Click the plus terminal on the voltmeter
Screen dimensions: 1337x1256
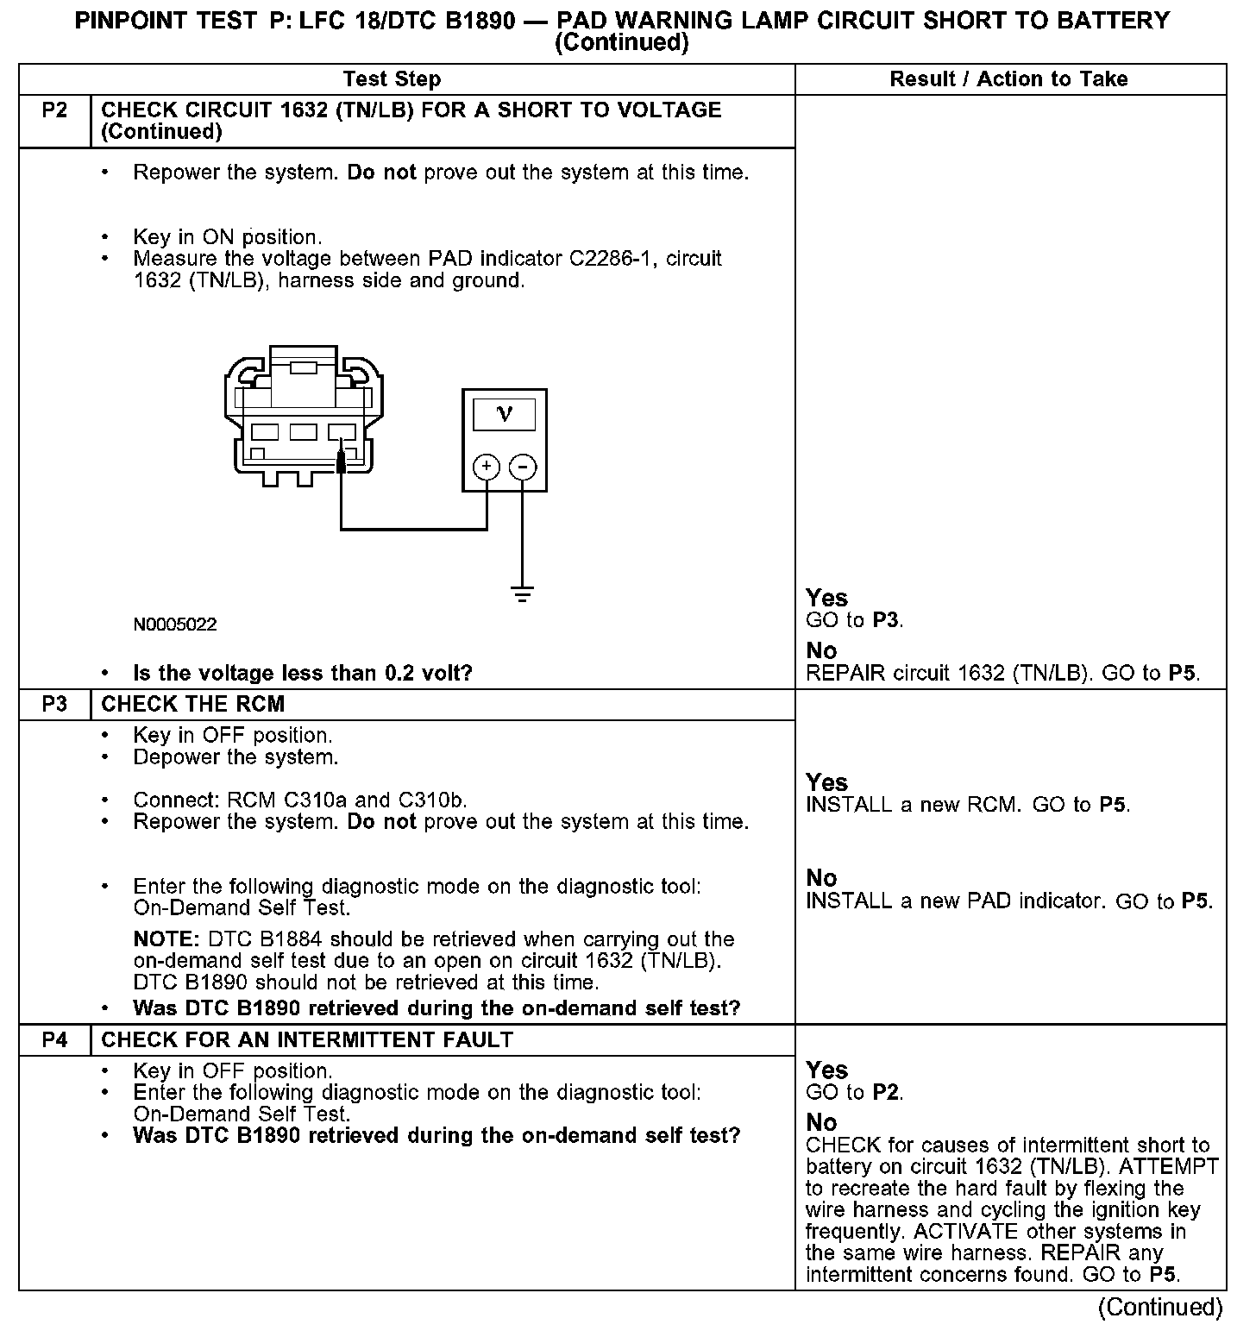(x=487, y=468)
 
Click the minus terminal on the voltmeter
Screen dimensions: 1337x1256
(x=523, y=468)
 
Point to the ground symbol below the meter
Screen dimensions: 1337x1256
(x=522, y=593)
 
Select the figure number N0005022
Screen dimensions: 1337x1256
(x=175, y=625)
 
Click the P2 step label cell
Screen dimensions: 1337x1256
(x=54, y=110)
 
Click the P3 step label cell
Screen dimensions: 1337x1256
(x=54, y=705)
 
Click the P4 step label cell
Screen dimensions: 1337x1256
(x=54, y=1040)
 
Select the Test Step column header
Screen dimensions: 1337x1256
(x=392, y=79)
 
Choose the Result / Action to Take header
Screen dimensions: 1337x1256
(x=1008, y=79)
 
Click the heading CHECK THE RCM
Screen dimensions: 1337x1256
(x=192, y=705)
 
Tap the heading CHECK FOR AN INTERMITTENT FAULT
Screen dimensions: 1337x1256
(x=307, y=1040)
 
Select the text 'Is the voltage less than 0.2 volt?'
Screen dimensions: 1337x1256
(x=303, y=674)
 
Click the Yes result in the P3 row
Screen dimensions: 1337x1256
(x=826, y=782)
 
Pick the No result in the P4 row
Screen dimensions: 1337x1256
(x=821, y=1122)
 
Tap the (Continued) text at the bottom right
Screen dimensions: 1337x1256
(x=1160, y=1308)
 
